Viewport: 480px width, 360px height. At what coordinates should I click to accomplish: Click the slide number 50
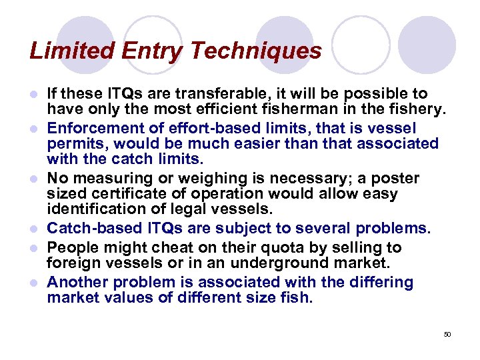(447, 334)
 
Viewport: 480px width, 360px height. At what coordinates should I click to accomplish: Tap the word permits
(75, 144)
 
